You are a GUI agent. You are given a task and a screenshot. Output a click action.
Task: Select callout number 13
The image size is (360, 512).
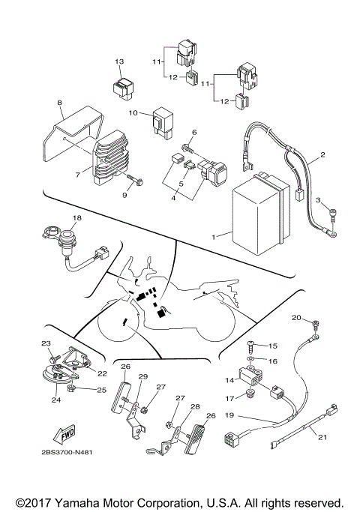coord(119,61)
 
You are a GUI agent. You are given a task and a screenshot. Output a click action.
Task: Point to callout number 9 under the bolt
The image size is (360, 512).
coord(125,195)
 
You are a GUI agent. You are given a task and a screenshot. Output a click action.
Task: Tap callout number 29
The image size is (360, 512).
coord(143,376)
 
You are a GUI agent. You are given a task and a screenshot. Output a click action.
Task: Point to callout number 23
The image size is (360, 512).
coord(44,343)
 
